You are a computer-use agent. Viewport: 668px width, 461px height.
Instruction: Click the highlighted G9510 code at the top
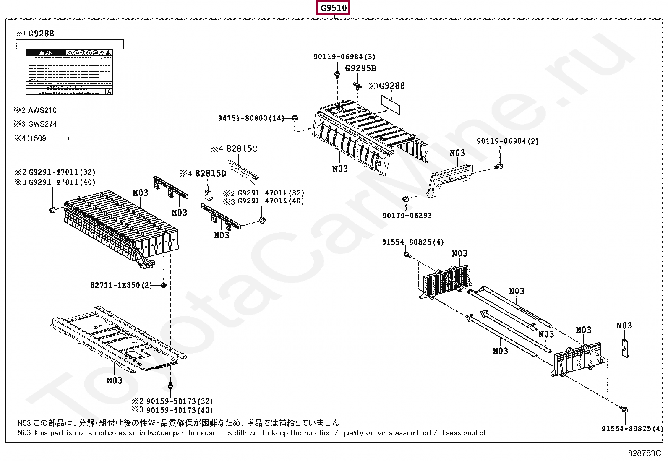click(334, 8)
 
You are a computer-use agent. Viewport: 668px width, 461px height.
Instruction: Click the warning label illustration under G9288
click(70, 72)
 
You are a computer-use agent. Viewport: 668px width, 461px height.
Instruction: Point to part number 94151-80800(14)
click(251, 118)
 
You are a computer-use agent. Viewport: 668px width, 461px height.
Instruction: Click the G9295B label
click(360, 68)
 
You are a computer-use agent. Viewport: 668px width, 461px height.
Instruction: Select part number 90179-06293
click(407, 216)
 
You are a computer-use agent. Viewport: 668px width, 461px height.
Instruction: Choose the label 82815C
click(242, 149)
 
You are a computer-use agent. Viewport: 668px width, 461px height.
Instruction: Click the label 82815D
click(211, 174)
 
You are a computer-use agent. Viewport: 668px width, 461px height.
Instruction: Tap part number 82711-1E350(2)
click(121, 285)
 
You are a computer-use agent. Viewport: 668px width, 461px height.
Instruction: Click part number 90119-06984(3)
click(344, 57)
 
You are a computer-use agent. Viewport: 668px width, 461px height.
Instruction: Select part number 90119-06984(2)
click(507, 141)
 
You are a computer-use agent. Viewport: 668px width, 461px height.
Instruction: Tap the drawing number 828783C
click(644, 453)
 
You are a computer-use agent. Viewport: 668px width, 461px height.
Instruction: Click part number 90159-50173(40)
click(180, 410)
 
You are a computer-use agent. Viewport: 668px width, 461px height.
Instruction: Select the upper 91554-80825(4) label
click(413, 242)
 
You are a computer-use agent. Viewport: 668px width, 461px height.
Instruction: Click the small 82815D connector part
click(209, 194)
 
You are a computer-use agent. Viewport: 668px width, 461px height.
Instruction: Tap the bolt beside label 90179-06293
click(406, 199)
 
